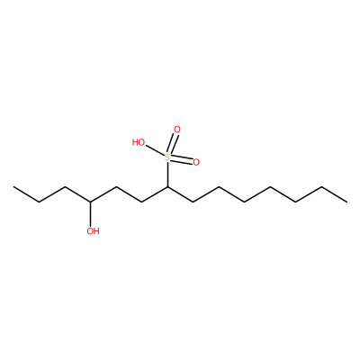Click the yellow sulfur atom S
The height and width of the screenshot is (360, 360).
tap(167, 157)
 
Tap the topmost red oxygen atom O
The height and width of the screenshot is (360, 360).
tap(177, 130)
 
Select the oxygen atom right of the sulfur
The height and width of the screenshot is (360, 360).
tap(196, 162)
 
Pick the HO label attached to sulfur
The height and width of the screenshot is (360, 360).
tap(139, 142)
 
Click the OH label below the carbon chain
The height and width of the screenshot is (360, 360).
tap(93, 231)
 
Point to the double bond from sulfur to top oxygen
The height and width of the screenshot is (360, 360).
tap(173, 144)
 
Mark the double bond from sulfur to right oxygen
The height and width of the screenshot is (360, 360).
tap(182, 160)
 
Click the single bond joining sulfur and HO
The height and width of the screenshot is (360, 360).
tap(155, 150)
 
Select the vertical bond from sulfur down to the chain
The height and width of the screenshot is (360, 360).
tap(167, 175)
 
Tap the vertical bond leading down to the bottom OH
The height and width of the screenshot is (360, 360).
tap(90, 214)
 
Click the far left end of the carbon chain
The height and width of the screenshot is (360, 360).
tap(13, 187)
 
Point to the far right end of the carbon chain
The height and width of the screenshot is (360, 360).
tap(346, 202)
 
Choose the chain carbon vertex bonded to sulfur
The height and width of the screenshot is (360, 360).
tap(167, 187)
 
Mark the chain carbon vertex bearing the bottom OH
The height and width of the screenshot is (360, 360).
tap(90, 202)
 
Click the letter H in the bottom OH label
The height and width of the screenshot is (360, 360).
tap(96, 231)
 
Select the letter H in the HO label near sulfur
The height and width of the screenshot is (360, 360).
tap(135, 142)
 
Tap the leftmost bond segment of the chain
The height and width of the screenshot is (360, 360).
tap(26, 194)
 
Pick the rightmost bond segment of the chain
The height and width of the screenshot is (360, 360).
tap(334, 194)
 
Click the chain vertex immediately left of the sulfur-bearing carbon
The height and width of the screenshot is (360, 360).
tap(142, 202)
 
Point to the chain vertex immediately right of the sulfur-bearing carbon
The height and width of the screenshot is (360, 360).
tap(193, 202)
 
